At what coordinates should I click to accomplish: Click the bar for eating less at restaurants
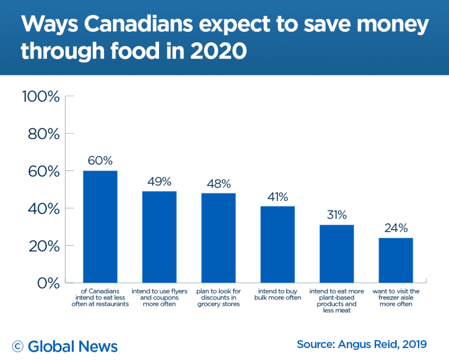coord(100,226)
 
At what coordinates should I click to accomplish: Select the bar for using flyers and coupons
coord(159,236)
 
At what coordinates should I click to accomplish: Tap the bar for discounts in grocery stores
coord(218,238)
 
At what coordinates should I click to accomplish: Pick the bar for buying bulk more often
coord(277,244)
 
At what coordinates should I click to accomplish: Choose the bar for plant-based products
coord(336,253)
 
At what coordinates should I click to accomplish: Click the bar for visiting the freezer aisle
coord(395,260)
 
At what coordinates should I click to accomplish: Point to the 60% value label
coord(100,160)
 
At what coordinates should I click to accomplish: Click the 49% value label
coord(159,181)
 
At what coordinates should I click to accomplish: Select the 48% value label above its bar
coord(218,183)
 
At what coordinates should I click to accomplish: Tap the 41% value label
coord(277,197)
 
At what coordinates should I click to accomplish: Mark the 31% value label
coord(336,215)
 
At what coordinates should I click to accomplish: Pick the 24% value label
coord(395,228)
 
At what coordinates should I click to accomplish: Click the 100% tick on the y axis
coord(41,97)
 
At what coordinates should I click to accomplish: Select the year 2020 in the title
coord(211,51)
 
